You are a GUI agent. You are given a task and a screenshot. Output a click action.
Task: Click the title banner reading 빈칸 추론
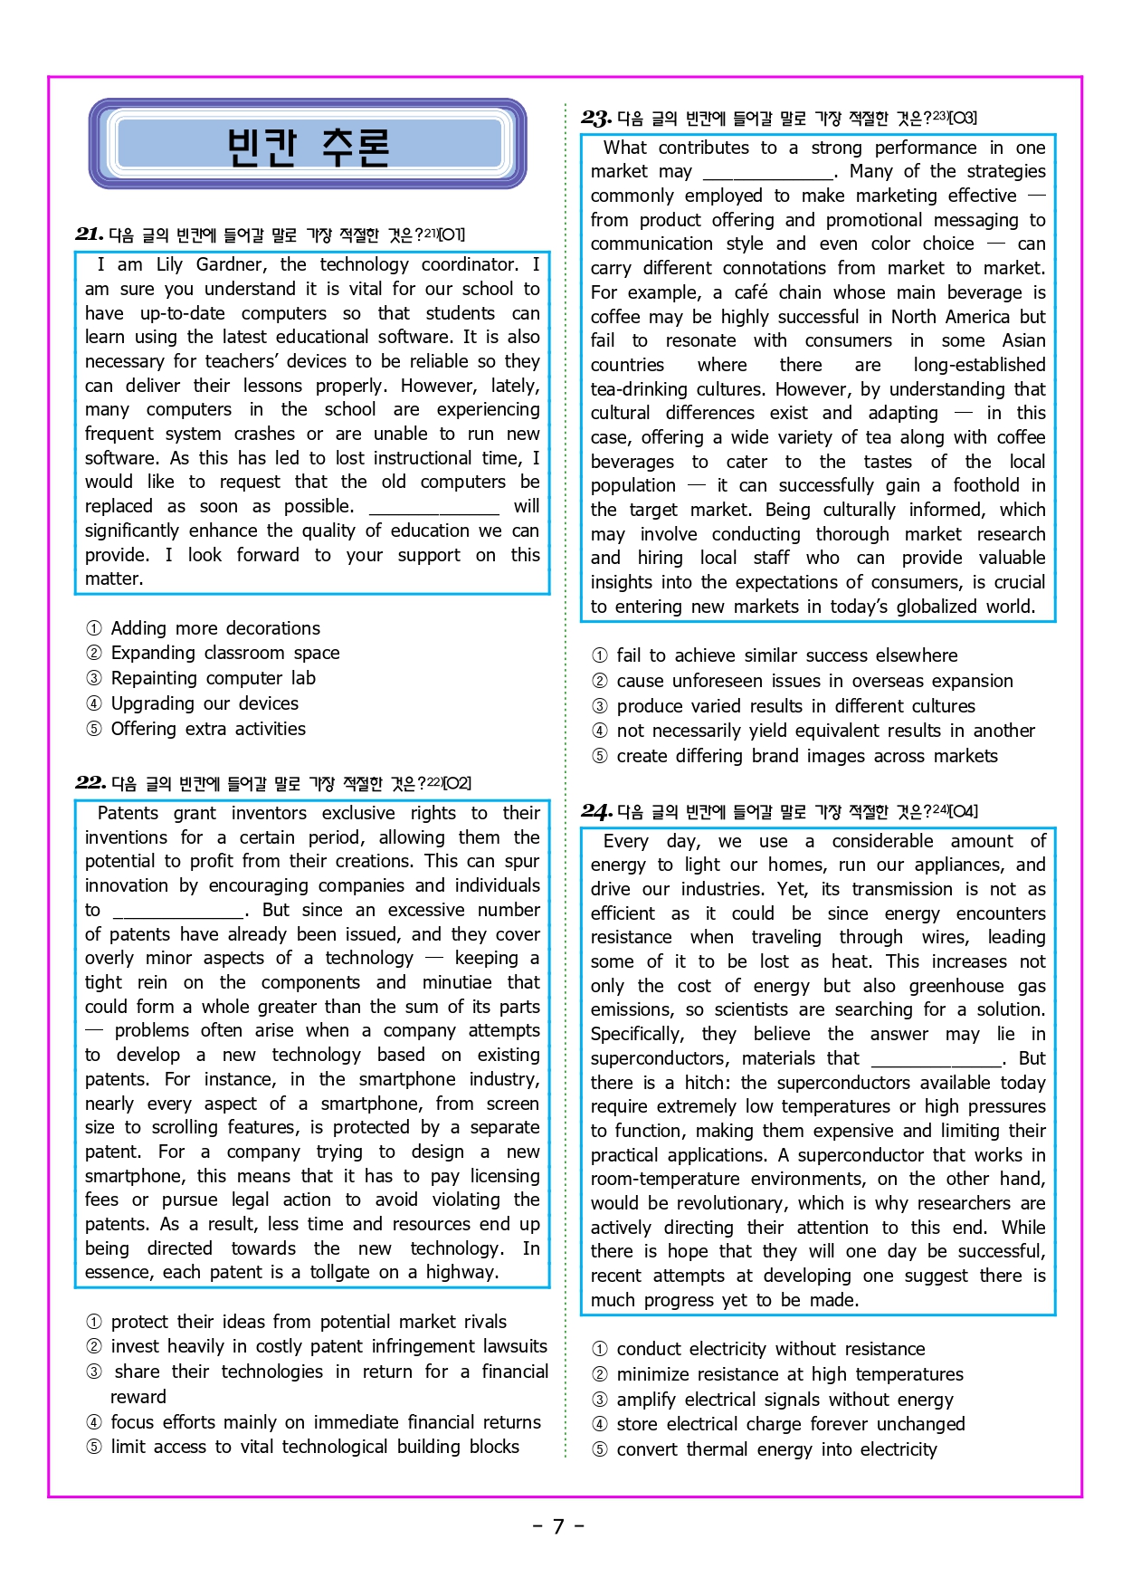(308, 145)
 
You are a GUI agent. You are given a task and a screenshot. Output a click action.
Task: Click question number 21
(89, 234)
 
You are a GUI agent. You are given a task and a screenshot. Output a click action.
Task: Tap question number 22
(90, 783)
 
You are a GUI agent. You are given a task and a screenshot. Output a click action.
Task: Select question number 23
(596, 118)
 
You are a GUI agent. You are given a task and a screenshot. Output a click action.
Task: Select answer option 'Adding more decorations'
(214, 628)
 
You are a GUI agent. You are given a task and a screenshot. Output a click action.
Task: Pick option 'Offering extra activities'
(207, 729)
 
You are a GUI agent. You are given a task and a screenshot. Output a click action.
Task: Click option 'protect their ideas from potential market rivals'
(308, 1322)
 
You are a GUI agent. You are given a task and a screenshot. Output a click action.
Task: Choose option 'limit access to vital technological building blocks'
(314, 1447)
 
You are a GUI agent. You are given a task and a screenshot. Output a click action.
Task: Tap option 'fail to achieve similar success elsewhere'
(786, 655)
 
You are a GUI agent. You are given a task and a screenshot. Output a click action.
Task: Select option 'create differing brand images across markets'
(806, 756)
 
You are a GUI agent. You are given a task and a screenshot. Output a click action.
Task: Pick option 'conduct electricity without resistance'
(770, 1349)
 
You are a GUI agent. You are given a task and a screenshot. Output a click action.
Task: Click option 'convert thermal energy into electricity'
(776, 1449)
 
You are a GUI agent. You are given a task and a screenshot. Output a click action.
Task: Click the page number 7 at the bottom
(558, 1527)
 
